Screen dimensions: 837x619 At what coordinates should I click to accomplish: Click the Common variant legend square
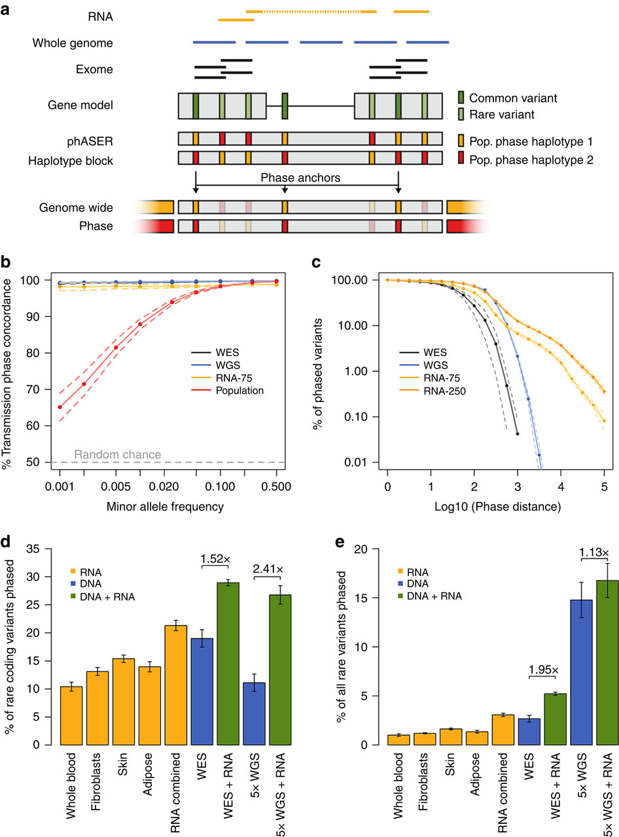(x=461, y=98)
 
